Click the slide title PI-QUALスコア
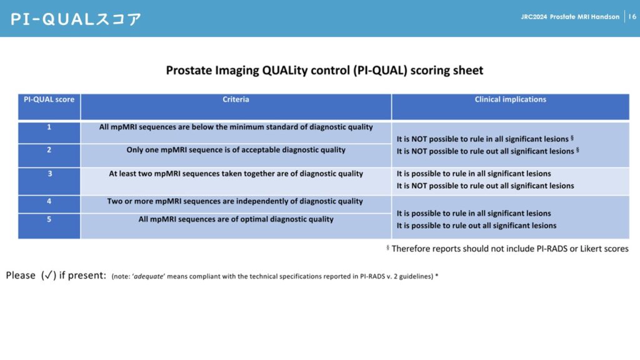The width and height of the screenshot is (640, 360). click(x=76, y=19)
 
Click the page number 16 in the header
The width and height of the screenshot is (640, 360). click(x=632, y=17)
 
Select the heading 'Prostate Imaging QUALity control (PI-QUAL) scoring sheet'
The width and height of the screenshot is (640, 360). click(x=324, y=70)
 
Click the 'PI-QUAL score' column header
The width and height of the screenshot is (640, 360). click(x=49, y=99)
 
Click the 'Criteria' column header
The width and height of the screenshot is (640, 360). click(x=236, y=99)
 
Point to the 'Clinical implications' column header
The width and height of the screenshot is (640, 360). click(x=510, y=99)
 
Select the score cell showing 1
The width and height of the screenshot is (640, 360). click(x=49, y=127)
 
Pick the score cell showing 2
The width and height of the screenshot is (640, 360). click(x=49, y=150)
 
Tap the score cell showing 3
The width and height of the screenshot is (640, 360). click(x=49, y=174)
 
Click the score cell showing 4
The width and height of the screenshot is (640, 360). click(x=49, y=201)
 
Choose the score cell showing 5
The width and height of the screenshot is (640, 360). click(x=49, y=219)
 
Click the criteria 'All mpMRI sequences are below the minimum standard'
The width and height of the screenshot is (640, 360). click(x=236, y=127)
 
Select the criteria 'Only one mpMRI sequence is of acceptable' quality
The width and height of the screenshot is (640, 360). click(x=236, y=150)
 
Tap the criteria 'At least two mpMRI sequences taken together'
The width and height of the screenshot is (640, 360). click(x=236, y=174)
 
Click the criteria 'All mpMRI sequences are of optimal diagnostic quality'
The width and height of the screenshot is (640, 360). click(x=236, y=219)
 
